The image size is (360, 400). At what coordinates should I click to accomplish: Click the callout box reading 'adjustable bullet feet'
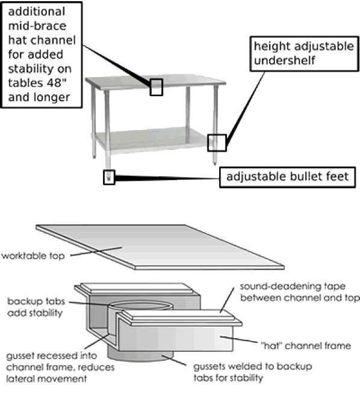pos(287,177)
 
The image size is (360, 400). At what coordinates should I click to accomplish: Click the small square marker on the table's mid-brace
pos(156,87)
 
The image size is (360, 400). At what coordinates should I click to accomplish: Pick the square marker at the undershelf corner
pos(216,142)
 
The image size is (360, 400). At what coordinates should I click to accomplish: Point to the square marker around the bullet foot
pos(109,177)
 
